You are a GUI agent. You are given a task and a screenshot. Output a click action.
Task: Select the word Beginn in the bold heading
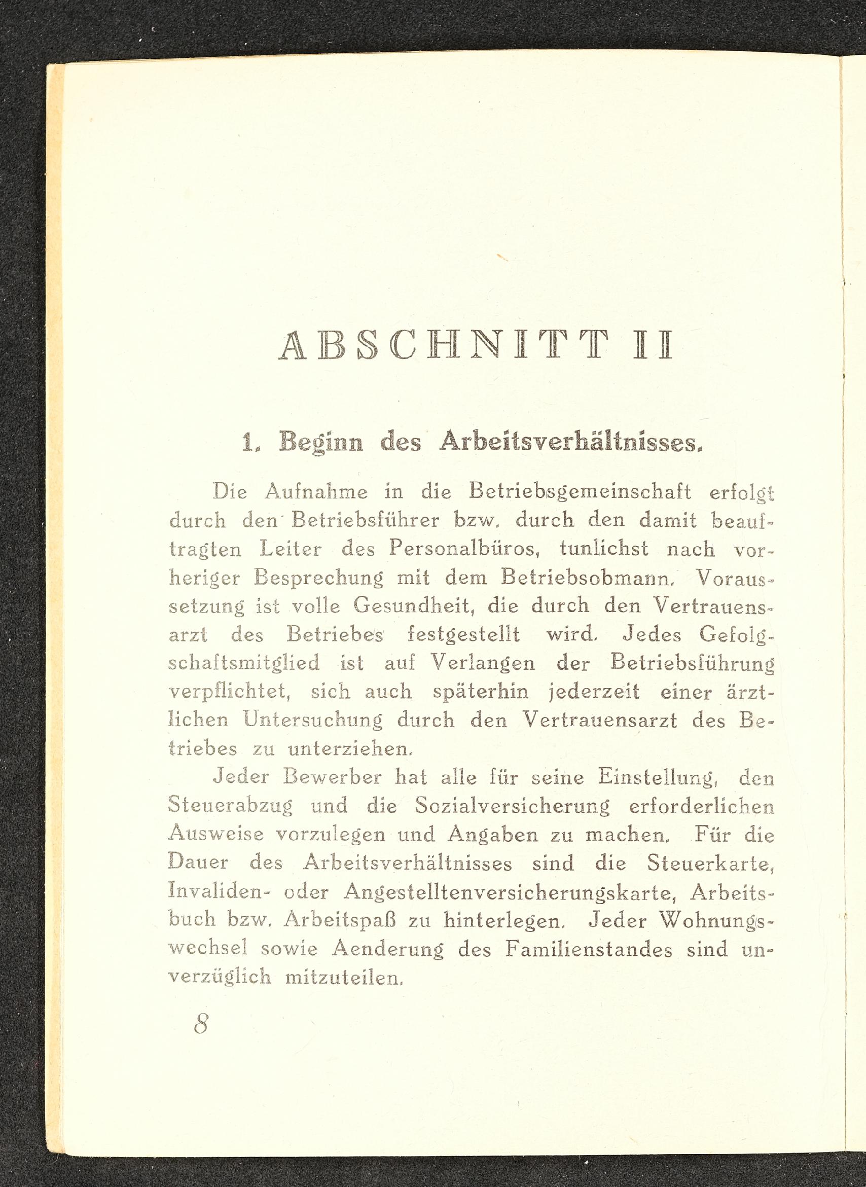[321, 442]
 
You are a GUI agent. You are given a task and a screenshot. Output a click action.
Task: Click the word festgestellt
[463, 635]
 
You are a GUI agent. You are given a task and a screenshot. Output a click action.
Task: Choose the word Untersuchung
[313, 721]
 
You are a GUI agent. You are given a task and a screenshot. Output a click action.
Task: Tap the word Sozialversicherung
[512, 806]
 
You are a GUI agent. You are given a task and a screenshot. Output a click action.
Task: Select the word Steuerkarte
[710, 863]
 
